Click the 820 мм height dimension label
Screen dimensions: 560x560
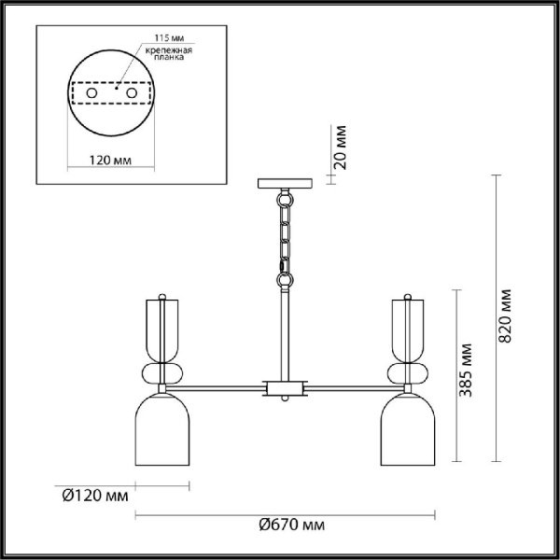coord(505,317)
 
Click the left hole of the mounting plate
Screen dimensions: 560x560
coord(91,94)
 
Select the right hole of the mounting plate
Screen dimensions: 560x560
coord(133,94)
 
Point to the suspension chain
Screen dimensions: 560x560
coord(284,238)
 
